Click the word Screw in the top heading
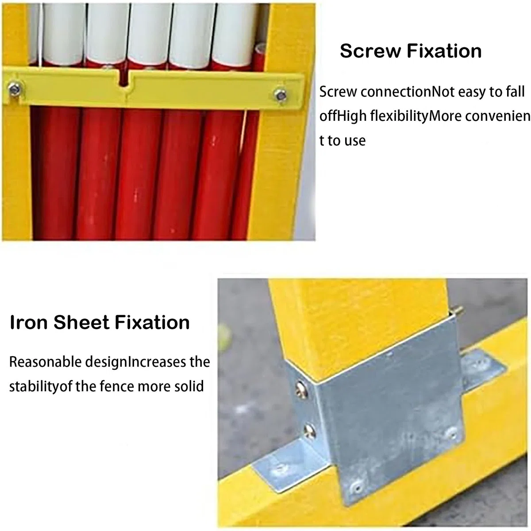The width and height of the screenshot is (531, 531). coord(371,51)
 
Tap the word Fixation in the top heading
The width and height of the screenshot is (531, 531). coord(444,51)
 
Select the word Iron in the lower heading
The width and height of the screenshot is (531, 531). coord(29,322)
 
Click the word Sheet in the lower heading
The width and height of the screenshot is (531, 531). coord(81,322)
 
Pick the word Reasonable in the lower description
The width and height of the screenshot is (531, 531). coord(45,362)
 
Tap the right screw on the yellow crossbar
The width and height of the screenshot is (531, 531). coord(281,95)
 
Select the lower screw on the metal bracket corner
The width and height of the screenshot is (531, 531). coord(310,431)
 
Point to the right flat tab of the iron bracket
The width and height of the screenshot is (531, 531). coord(483,368)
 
